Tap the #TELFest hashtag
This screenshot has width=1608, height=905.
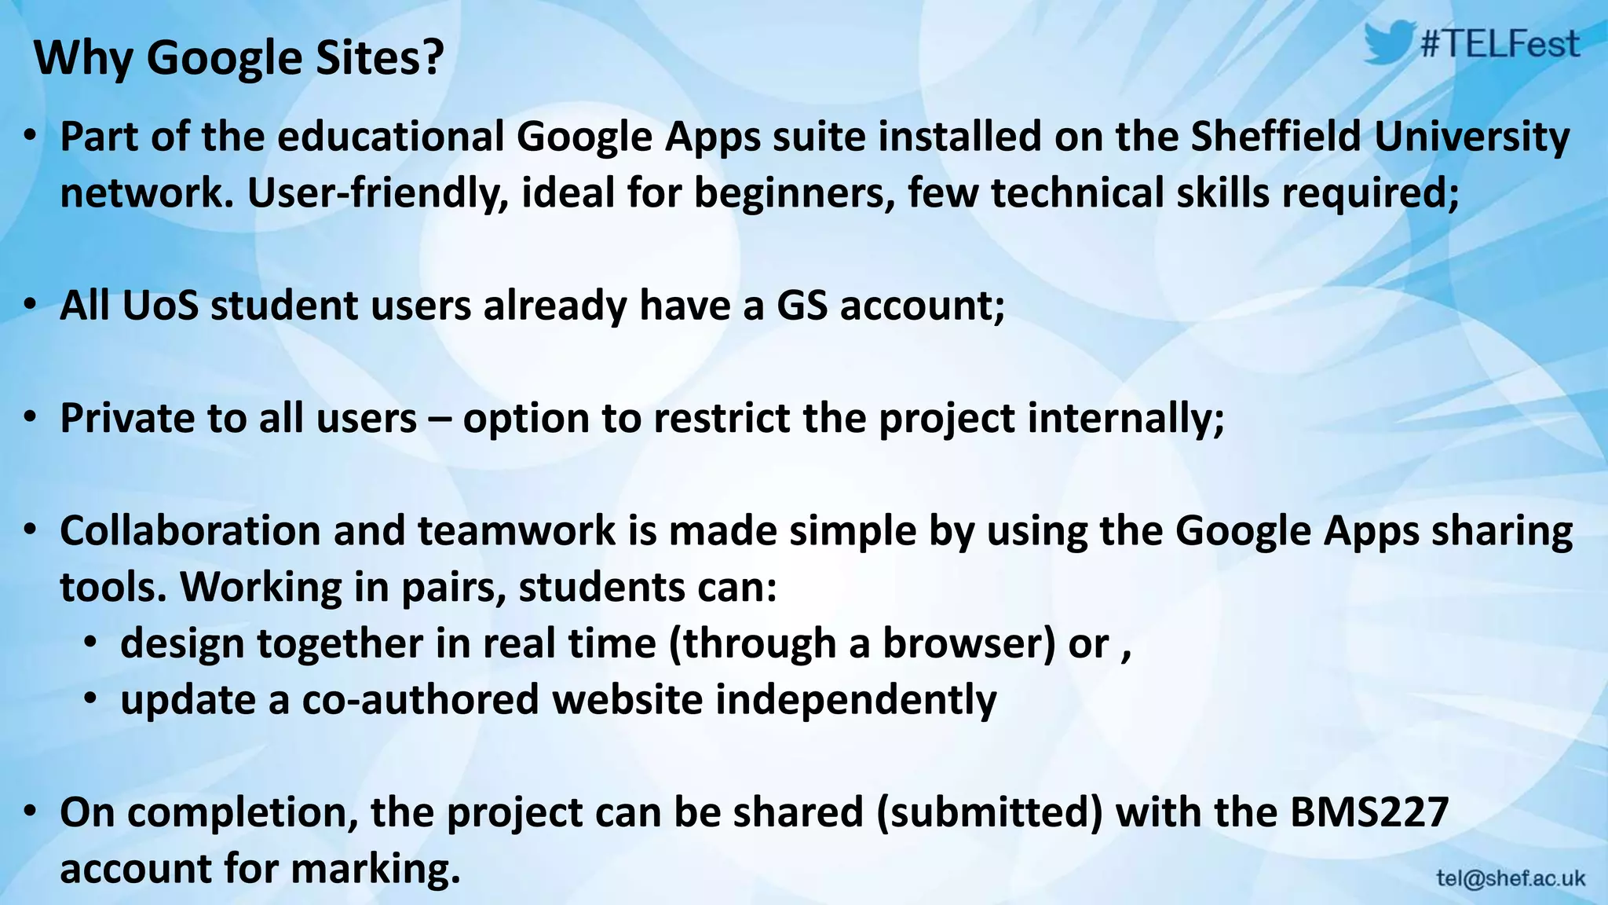(x=1500, y=44)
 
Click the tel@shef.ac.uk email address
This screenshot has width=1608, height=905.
(x=1511, y=878)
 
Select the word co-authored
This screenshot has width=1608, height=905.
(x=420, y=700)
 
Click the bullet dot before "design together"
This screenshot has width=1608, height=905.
(x=91, y=643)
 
